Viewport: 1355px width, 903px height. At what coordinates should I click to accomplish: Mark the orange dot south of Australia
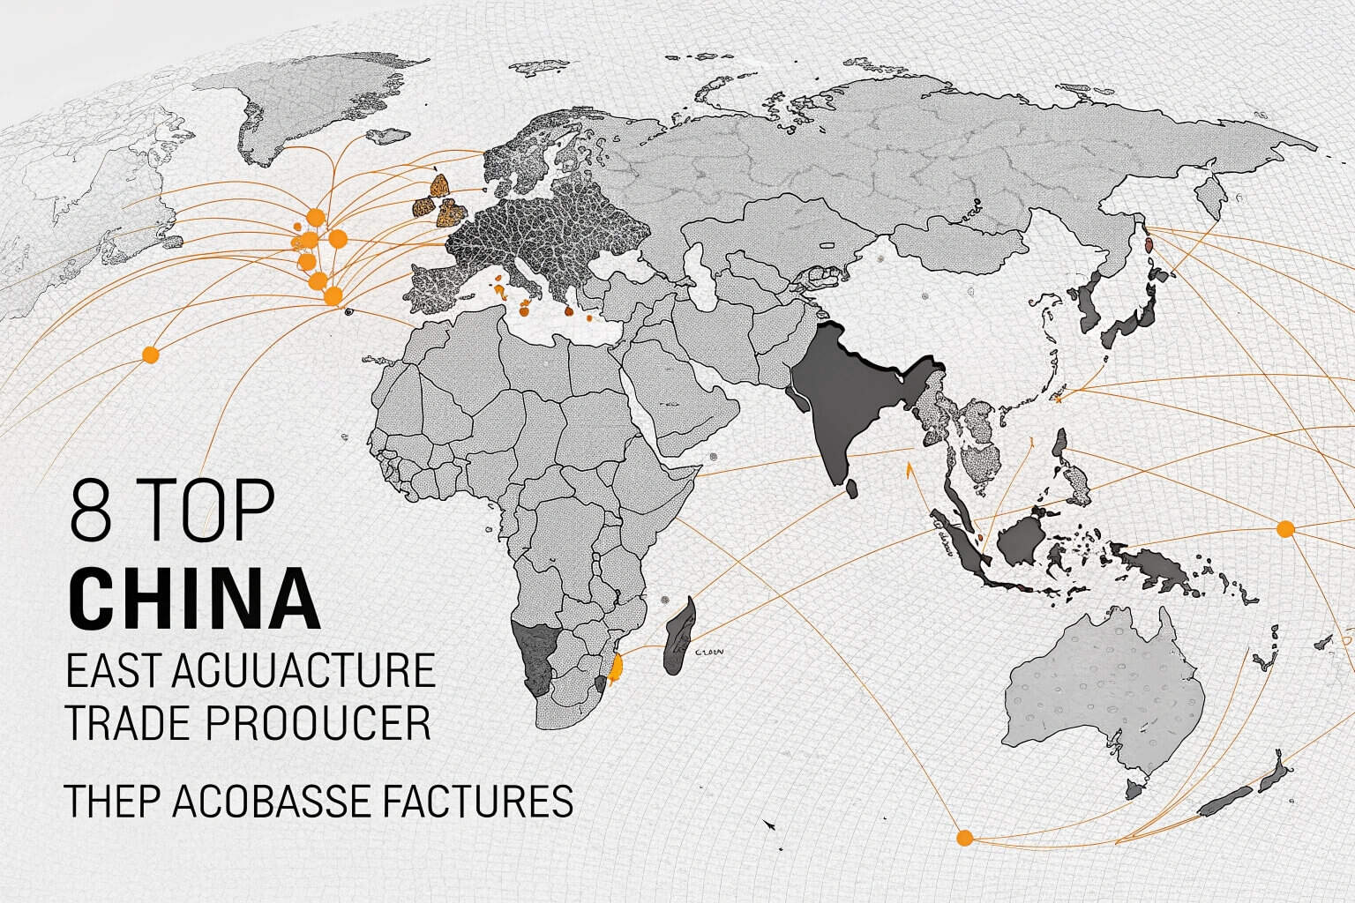coord(964,837)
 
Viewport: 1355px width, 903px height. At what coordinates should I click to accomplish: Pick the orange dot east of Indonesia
coord(1285,529)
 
